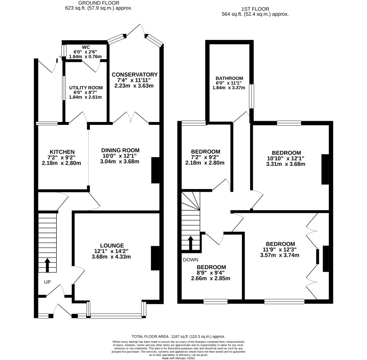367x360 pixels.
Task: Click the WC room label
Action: click(86, 47)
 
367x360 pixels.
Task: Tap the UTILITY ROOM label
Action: click(86, 88)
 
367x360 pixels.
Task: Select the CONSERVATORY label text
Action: click(135, 75)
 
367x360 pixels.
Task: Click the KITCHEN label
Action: click(62, 152)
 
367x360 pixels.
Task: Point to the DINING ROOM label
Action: click(120, 150)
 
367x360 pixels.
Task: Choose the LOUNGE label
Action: click(112, 246)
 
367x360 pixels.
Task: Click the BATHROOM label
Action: click(229, 78)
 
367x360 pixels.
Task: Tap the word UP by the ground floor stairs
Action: click(47, 282)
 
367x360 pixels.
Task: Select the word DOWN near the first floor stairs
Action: click(191, 260)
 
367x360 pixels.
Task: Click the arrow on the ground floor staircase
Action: click(48, 265)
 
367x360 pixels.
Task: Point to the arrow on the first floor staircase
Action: click(191, 243)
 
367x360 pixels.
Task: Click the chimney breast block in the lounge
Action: click(155, 258)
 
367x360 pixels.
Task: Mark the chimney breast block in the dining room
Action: click(155, 170)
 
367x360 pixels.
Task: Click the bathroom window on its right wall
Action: click(251, 96)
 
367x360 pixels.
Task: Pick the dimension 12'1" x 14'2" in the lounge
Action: click(111, 251)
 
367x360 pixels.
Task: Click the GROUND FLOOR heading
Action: click(99, 3)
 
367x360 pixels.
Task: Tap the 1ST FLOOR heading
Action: click(255, 9)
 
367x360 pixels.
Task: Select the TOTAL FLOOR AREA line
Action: click(179, 336)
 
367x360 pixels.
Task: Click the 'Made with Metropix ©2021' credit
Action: click(179, 358)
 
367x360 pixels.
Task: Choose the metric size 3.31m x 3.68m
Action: click(285, 164)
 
